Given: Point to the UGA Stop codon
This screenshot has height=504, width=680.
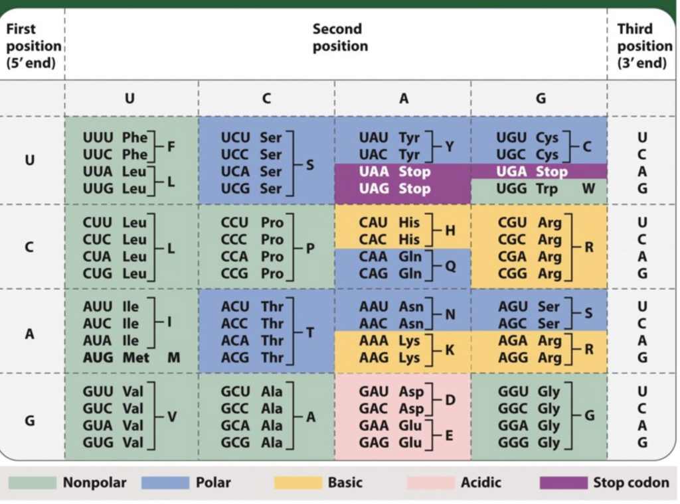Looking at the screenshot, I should click(x=532, y=172).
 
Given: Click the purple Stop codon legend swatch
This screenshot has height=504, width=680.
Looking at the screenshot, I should click(x=563, y=482).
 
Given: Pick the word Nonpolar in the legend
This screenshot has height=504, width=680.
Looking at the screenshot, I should click(x=94, y=482).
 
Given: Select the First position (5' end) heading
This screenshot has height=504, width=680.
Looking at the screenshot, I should click(x=32, y=46).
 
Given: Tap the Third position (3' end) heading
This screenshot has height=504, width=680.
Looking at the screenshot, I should click(x=643, y=46).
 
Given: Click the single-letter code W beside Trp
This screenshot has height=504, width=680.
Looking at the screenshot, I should click(x=588, y=188).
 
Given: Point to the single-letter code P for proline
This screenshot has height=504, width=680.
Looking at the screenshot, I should click(x=310, y=248).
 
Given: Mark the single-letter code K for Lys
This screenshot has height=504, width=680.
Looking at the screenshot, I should click(x=450, y=349).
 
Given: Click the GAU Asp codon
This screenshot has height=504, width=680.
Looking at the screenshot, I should click(x=391, y=391).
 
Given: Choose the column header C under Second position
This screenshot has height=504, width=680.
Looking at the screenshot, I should click(x=266, y=98).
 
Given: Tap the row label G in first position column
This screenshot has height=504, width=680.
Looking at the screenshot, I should click(x=29, y=420).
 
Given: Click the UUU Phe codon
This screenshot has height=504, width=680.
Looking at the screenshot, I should click(x=115, y=138).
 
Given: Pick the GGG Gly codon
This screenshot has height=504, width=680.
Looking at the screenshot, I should click(x=529, y=442).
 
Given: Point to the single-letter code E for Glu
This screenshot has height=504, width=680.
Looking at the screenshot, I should click(x=449, y=434).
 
